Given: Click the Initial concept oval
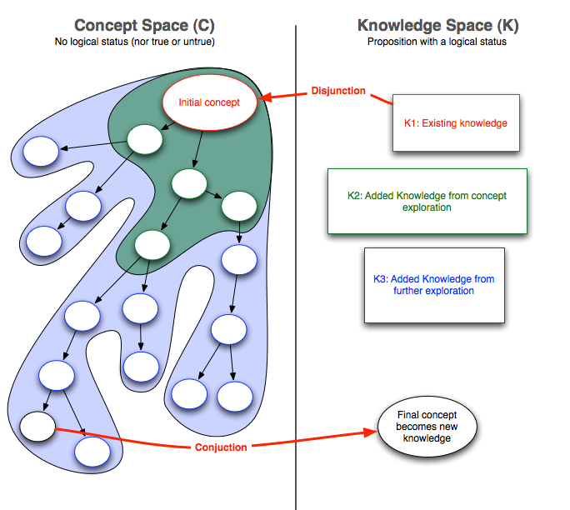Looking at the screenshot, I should click(x=209, y=103).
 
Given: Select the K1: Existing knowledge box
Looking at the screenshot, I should click(x=456, y=123).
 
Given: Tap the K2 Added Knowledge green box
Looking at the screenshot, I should click(x=427, y=201).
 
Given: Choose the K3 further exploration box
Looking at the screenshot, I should click(x=434, y=285).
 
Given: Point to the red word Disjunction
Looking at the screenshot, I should click(x=337, y=91).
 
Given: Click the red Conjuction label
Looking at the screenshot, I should click(x=221, y=447).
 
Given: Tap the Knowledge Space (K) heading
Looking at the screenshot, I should click(x=437, y=27).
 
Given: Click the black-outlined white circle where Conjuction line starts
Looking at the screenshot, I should click(x=37, y=427).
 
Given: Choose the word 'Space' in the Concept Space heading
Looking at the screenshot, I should click(x=154, y=27).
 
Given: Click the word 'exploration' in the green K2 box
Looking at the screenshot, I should click(x=427, y=207).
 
